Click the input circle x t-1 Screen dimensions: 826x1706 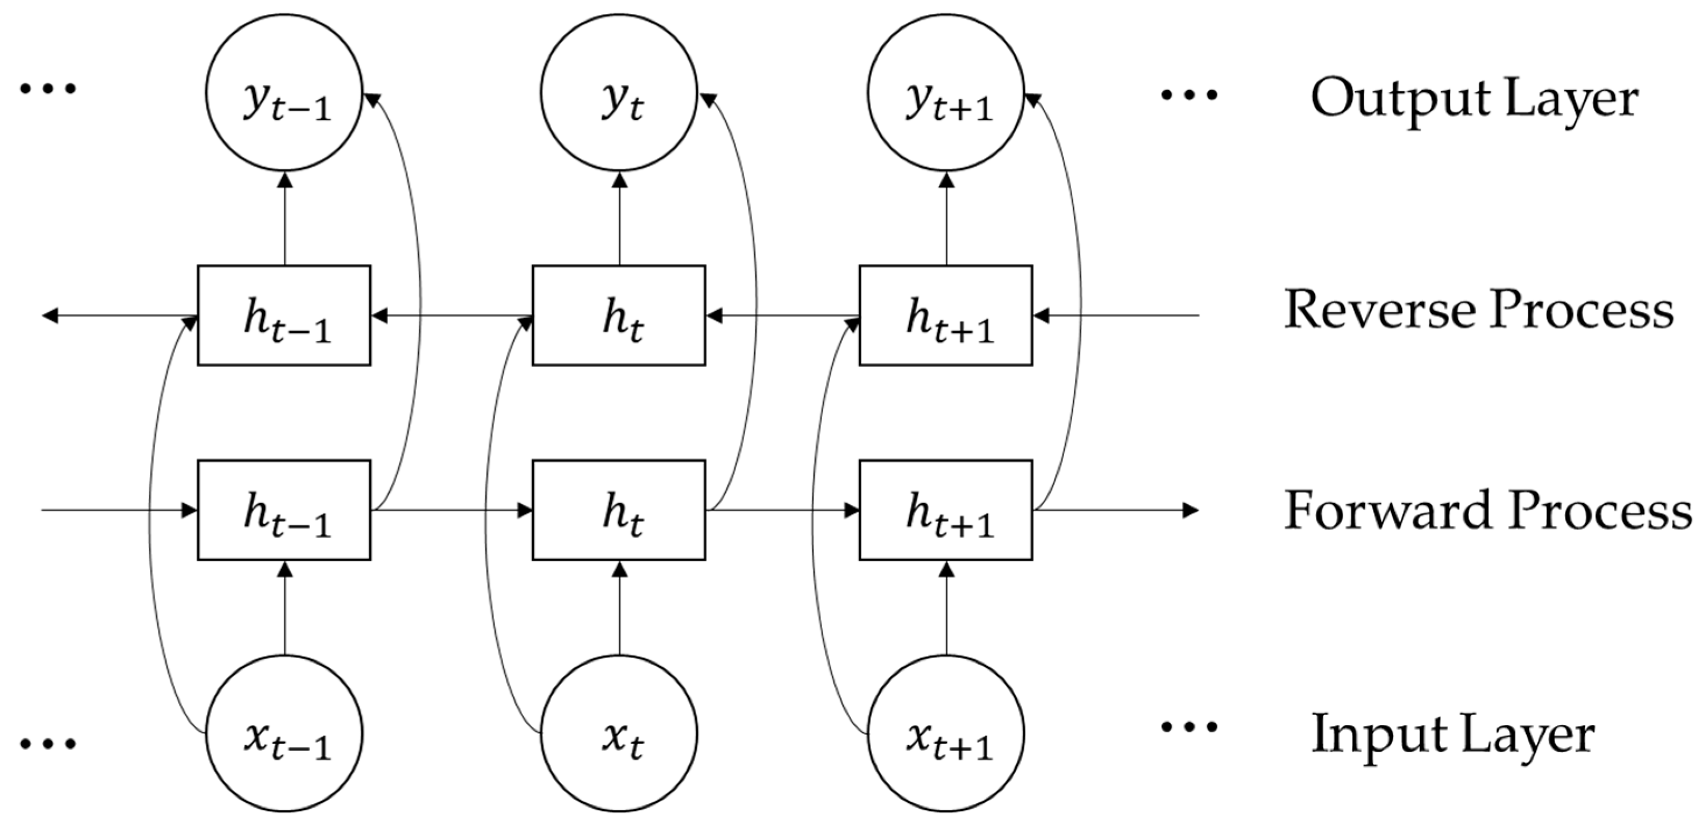284,734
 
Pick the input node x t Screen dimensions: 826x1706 619,734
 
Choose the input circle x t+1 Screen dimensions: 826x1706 946,734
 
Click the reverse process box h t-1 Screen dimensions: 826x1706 284,315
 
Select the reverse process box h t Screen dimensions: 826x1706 619,315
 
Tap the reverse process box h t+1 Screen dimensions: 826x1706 946,315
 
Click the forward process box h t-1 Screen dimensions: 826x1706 284,510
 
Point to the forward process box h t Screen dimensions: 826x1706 619,510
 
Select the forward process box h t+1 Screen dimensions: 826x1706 946,510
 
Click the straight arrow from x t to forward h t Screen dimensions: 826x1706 620,610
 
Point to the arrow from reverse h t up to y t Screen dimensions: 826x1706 620,219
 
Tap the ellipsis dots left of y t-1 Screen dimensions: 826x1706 48,88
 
